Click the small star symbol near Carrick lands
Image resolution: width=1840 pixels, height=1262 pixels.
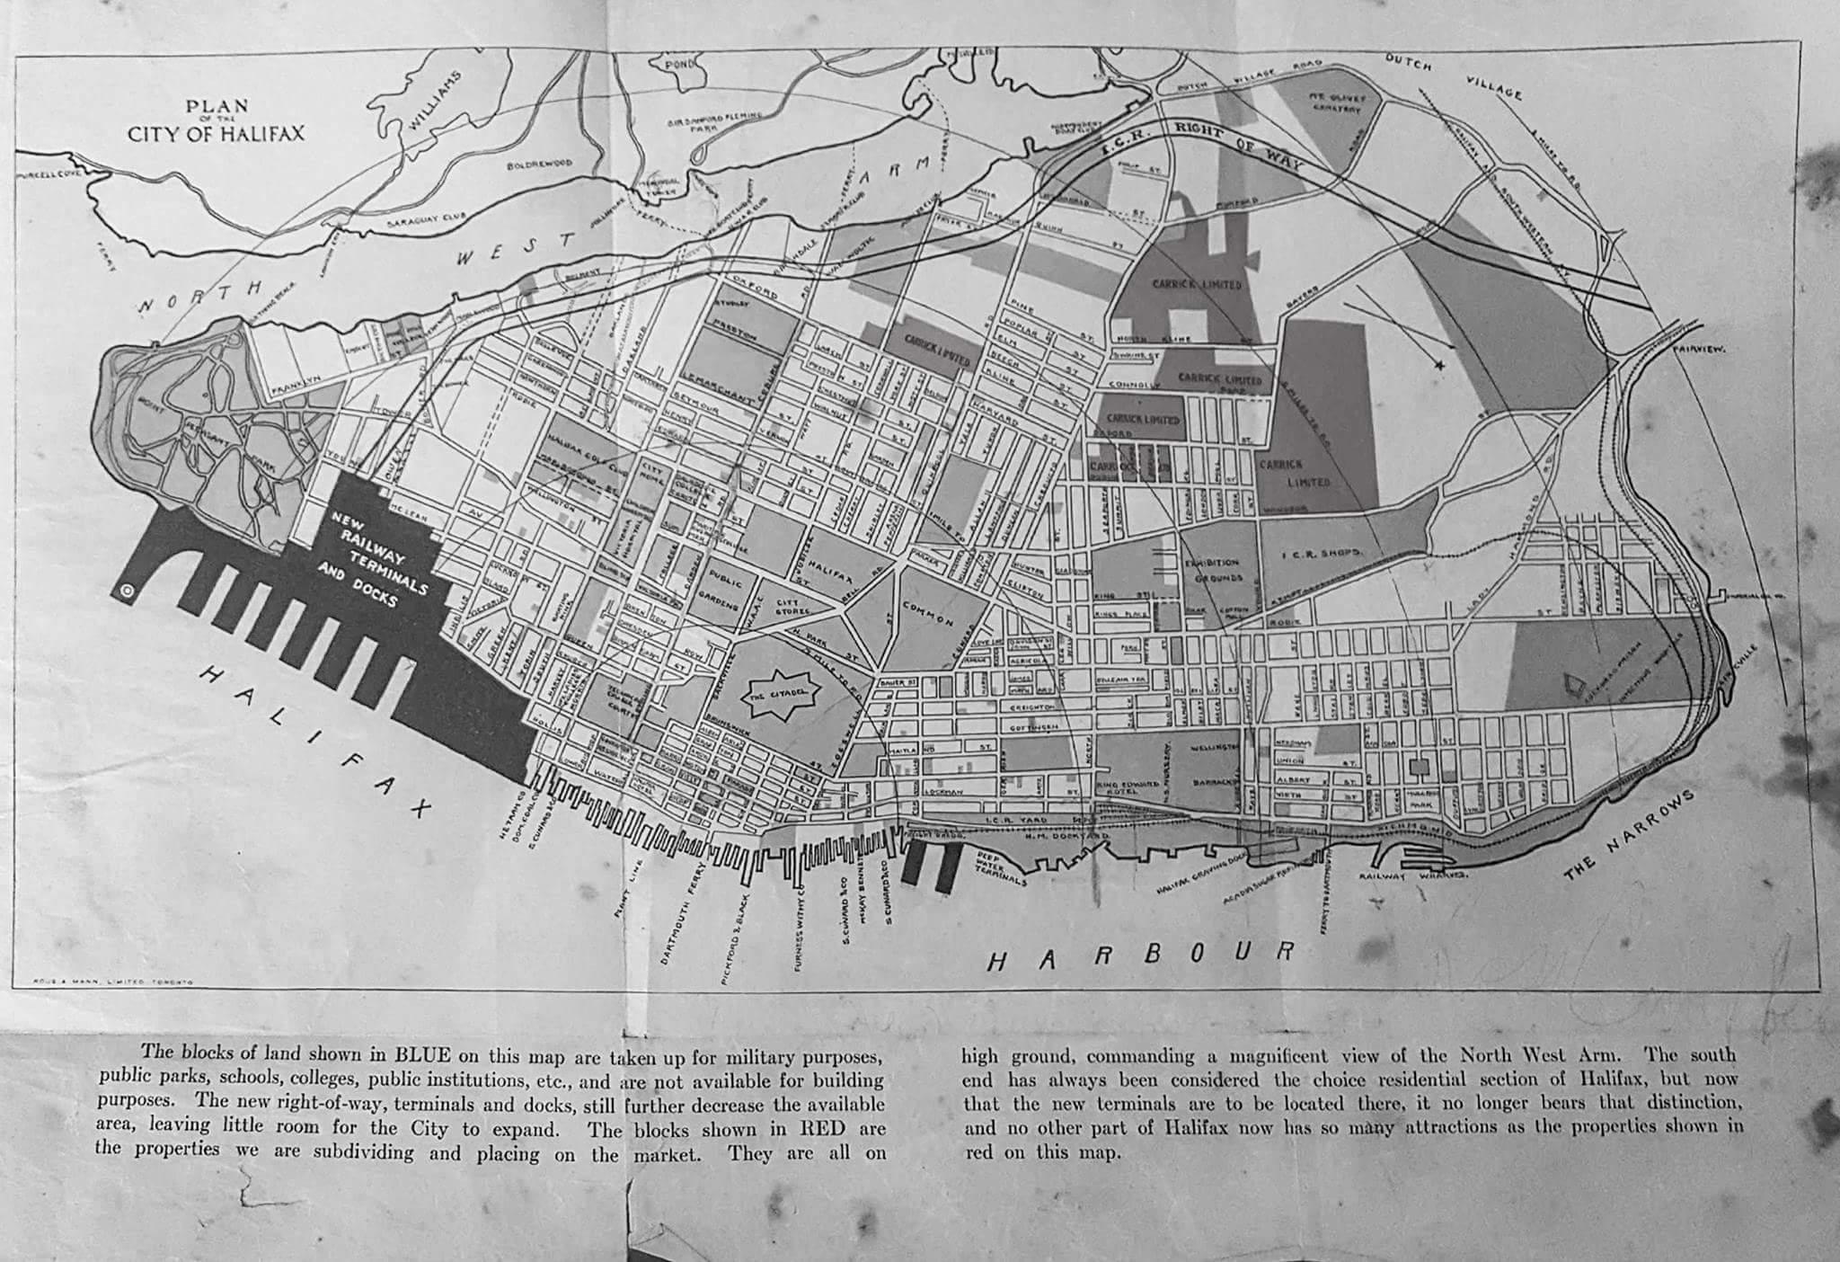1439,365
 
